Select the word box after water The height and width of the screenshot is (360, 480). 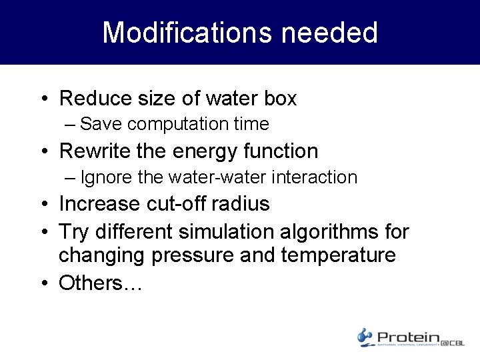click(x=279, y=99)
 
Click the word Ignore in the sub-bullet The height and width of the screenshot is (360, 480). click(x=102, y=177)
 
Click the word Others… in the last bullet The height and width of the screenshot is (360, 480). click(x=101, y=283)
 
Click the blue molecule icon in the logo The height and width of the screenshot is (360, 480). click(x=365, y=337)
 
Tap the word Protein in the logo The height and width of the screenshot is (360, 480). click(x=407, y=337)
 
